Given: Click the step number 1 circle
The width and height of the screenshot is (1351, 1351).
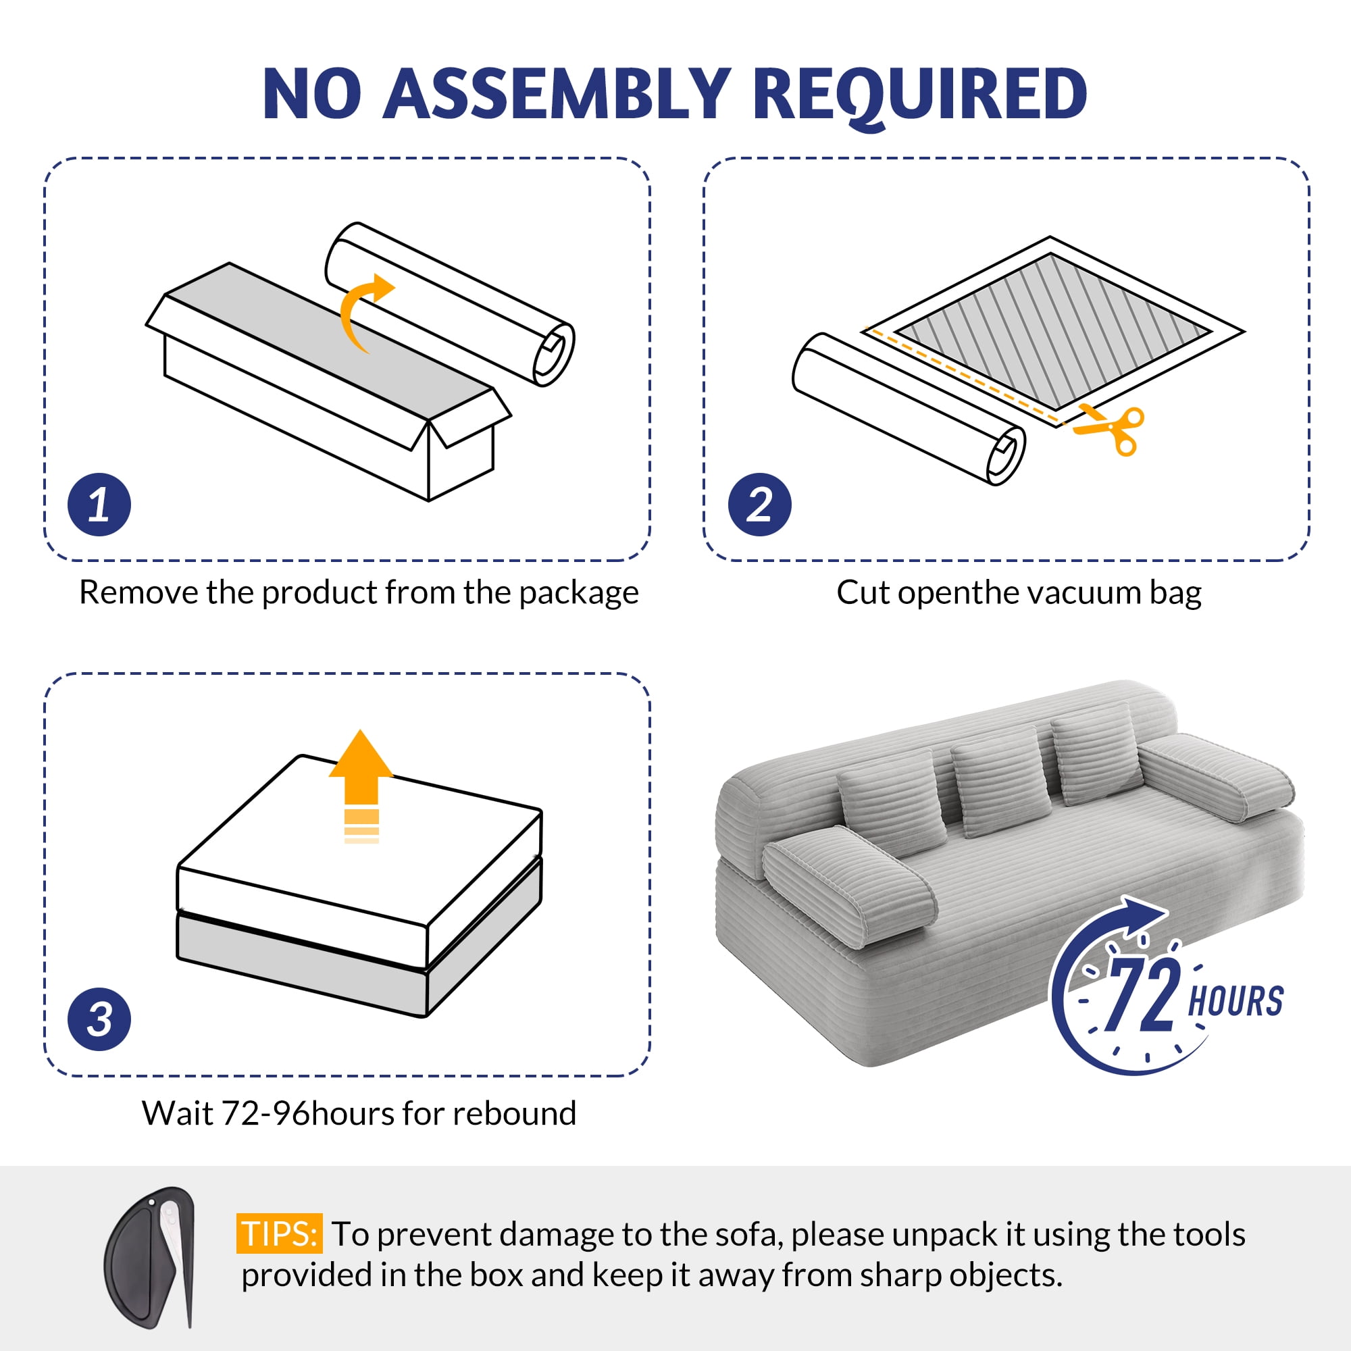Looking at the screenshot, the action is click(x=99, y=505).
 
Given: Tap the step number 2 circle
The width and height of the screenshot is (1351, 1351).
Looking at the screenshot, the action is click(x=759, y=505).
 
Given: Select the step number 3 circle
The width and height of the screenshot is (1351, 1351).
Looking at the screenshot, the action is click(x=99, y=1019).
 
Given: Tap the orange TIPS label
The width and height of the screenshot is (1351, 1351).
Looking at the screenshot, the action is click(x=279, y=1233).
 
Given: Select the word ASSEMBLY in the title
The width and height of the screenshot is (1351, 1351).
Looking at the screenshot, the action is click(x=557, y=94).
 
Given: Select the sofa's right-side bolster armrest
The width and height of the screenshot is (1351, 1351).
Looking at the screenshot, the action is click(x=1216, y=776).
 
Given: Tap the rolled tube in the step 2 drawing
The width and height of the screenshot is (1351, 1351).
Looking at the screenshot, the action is click(x=909, y=409).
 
